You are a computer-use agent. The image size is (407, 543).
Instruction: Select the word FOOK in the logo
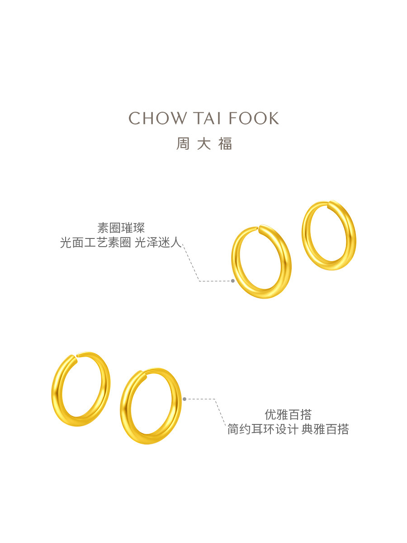tap(254, 118)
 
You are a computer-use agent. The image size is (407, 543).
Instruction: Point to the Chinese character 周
tap(183, 144)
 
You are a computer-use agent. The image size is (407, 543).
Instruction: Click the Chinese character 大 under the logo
tap(204, 144)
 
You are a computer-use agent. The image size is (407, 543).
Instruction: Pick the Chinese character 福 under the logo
tap(225, 144)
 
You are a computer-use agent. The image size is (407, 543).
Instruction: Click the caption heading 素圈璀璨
tap(121, 228)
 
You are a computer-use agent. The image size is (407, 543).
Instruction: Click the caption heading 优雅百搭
tap(288, 414)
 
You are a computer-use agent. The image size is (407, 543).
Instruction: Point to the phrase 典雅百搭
tap(325, 429)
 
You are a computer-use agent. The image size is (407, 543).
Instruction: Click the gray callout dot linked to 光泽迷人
tap(233, 281)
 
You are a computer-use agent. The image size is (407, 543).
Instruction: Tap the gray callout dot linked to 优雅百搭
tap(185, 399)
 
